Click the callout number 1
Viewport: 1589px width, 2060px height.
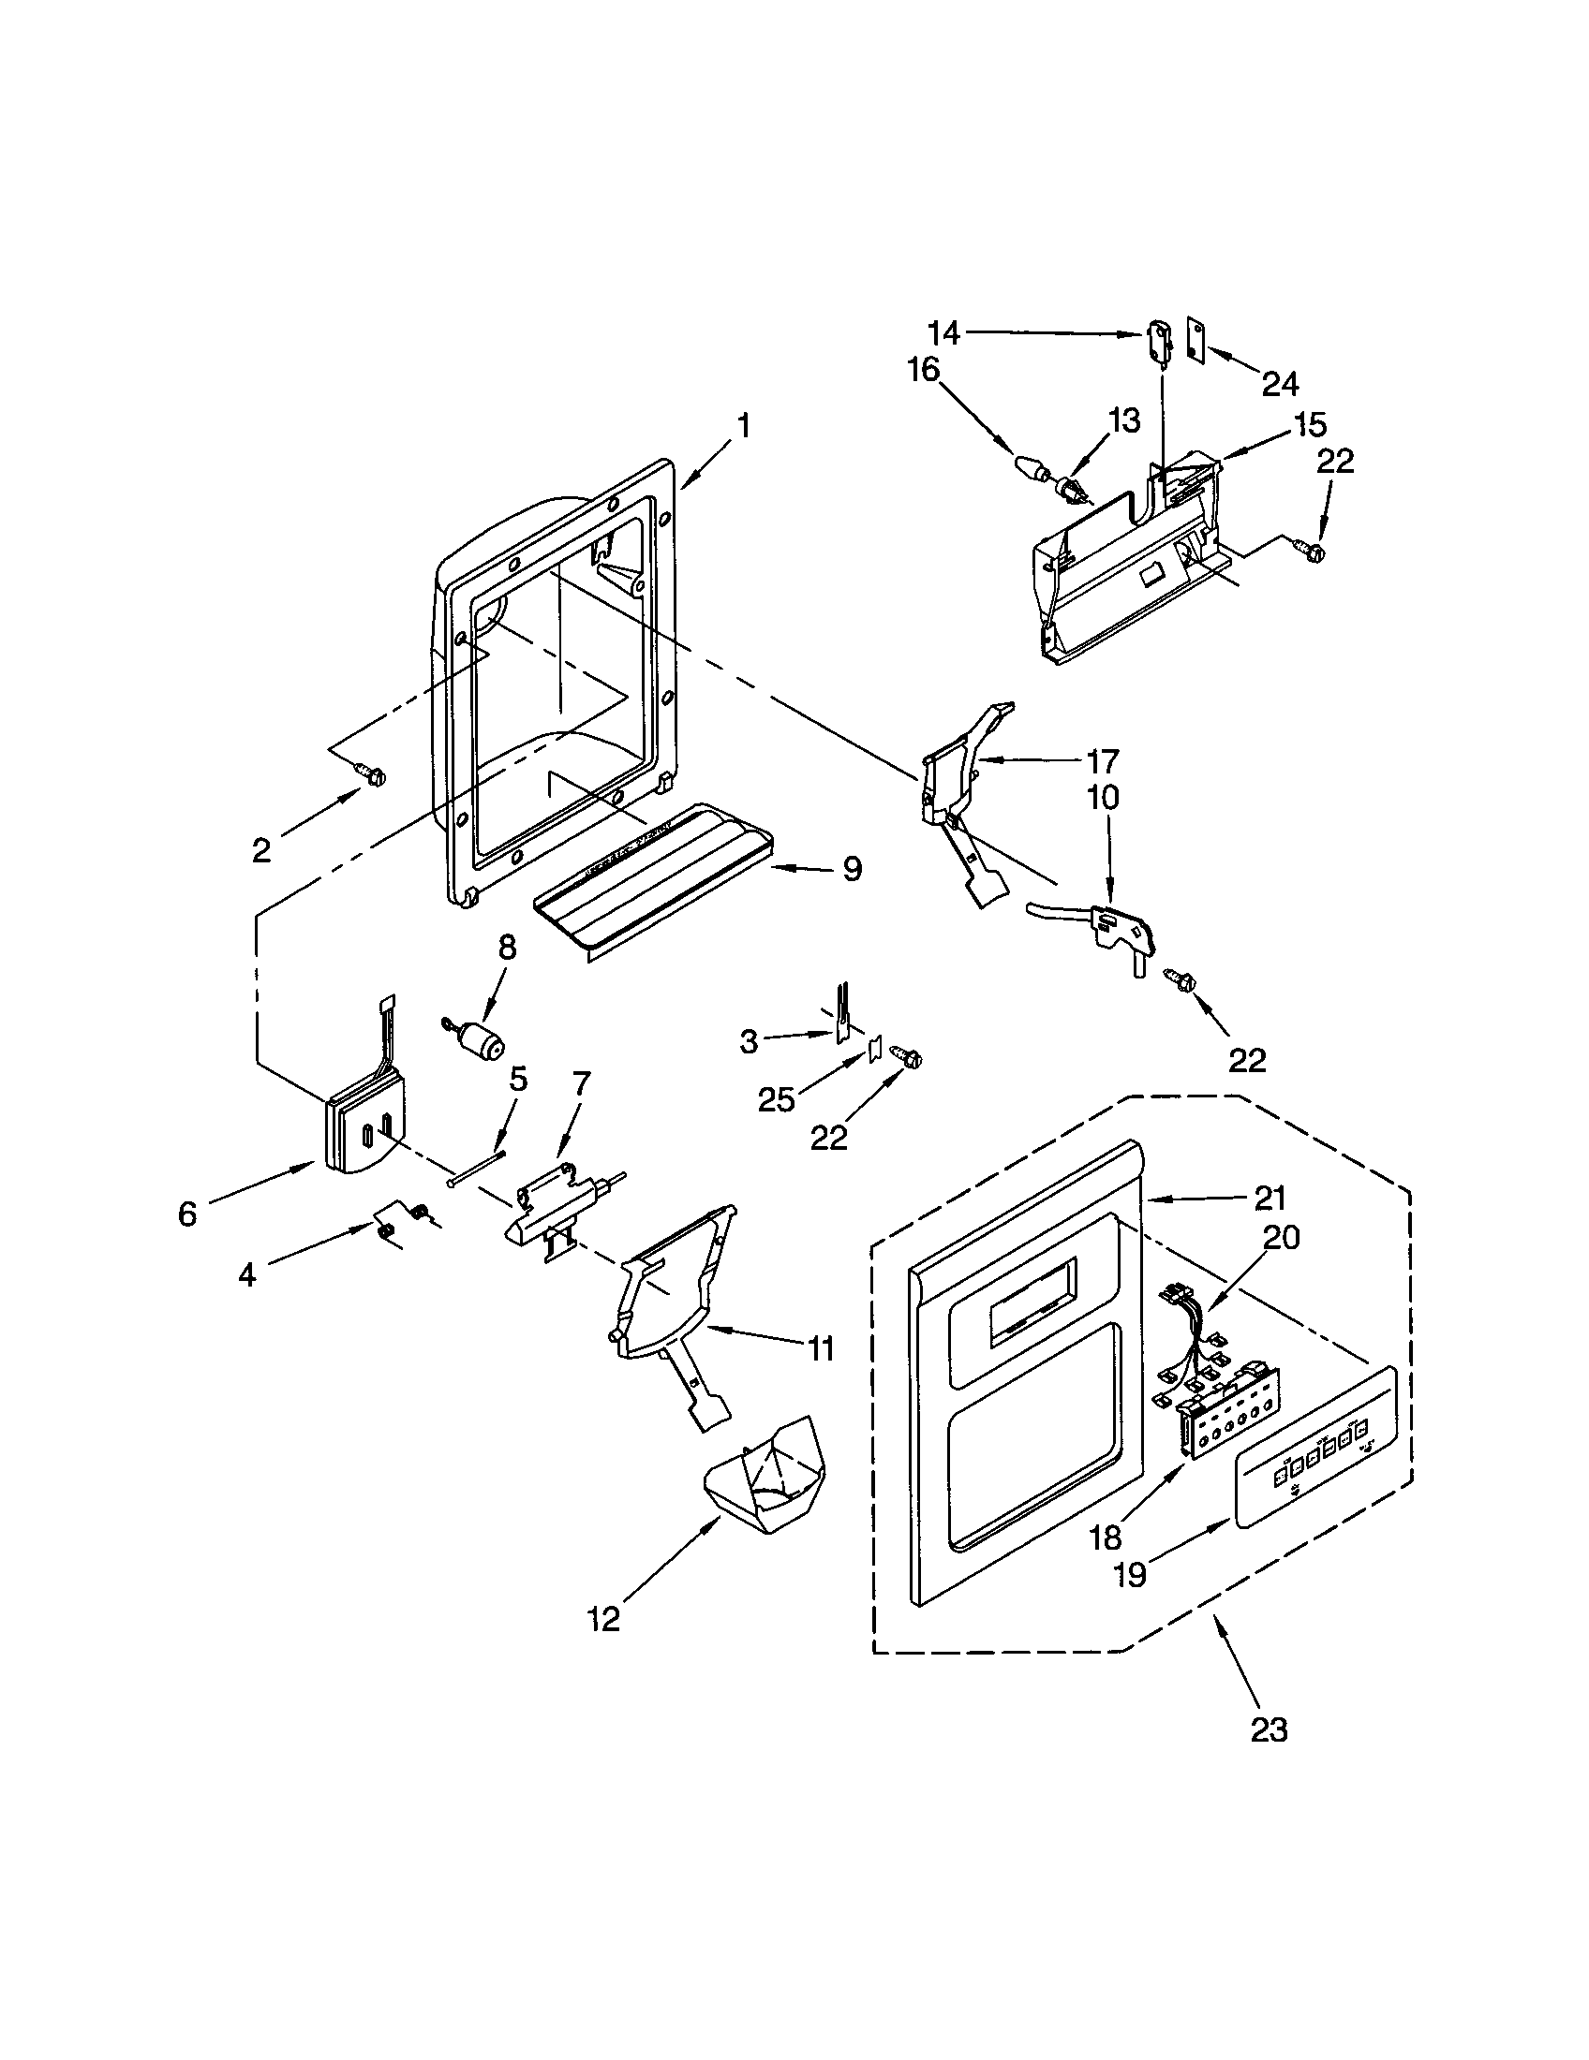(x=744, y=426)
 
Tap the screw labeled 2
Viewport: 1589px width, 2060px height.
(x=372, y=774)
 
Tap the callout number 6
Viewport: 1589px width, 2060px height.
(x=186, y=1214)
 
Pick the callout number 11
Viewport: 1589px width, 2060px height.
(x=820, y=1348)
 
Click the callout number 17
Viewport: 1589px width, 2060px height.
(x=1101, y=760)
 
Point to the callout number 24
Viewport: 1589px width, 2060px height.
(x=1280, y=383)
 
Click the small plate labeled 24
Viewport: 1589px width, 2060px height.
(x=1195, y=339)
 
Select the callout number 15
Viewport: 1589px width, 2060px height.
(x=1311, y=426)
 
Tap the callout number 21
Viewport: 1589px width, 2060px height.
(x=1270, y=1198)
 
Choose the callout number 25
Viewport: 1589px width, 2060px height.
(x=776, y=1099)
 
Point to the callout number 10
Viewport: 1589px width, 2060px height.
(x=1101, y=798)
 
